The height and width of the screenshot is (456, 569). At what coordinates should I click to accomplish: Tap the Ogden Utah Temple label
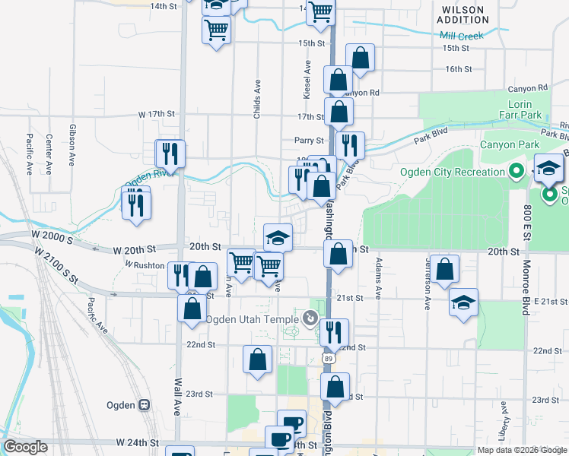tap(253, 319)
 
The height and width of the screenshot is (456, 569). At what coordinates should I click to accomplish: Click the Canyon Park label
tap(509, 144)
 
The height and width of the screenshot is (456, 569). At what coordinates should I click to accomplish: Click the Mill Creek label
tap(461, 36)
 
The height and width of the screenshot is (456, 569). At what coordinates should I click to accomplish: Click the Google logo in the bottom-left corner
tap(25, 447)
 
